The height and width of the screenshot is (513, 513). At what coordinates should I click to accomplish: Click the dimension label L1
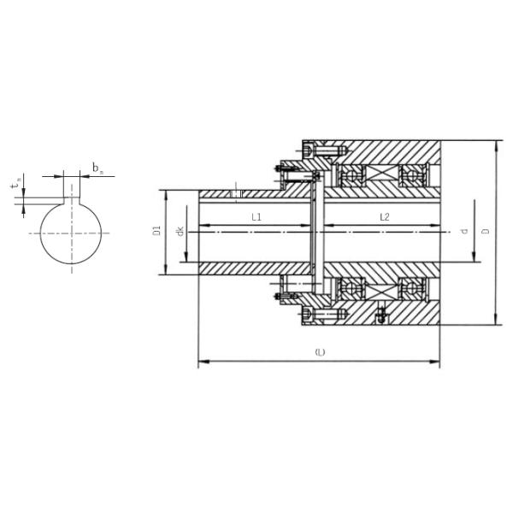[x=256, y=218]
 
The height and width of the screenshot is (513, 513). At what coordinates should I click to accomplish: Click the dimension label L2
[x=384, y=218]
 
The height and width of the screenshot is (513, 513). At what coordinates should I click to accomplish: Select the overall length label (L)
[x=320, y=352]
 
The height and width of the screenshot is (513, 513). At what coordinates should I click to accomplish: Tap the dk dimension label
[x=180, y=232]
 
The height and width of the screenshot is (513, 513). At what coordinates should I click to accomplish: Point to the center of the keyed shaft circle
[x=72, y=233]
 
